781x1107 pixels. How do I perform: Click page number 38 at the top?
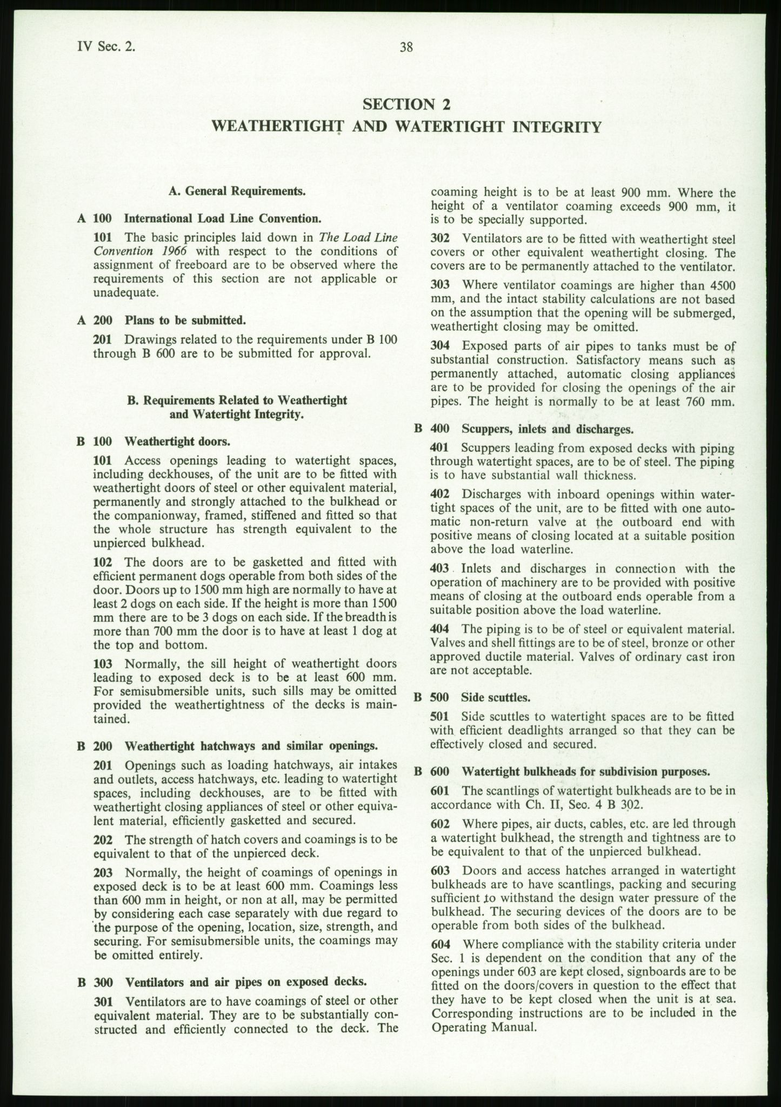[406, 48]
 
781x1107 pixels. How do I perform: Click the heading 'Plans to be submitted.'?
[185, 320]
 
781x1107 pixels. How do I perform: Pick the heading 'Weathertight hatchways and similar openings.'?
[251, 746]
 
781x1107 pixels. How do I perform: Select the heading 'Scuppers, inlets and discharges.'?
[547, 429]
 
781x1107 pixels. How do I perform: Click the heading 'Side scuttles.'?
[496, 697]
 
